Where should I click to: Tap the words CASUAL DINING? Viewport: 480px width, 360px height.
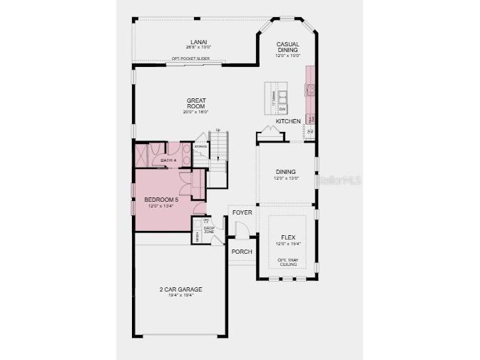coord(288,47)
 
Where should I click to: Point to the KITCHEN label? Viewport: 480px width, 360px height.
coord(288,121)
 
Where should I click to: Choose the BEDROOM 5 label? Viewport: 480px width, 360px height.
coord(160,200)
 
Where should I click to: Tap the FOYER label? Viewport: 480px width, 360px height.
coord(242,212)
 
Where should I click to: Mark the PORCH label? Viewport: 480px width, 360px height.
coord(240,252)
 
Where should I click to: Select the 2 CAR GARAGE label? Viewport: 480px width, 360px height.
coord(180,289)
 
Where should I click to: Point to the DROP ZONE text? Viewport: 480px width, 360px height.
coord(209,230)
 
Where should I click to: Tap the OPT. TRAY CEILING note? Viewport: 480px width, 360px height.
coord(287,262)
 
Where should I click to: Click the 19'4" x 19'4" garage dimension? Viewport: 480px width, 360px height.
coord(180,295)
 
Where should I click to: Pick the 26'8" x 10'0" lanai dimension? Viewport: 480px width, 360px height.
coord(194,47)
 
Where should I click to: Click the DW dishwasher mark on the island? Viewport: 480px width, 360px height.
coord(282,109)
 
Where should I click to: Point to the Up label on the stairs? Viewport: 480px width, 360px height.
coord(218,130)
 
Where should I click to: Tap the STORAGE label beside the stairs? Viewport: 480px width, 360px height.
coord(200,147)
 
